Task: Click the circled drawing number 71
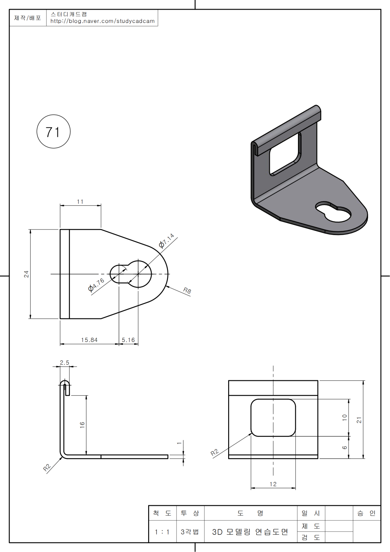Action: tap(53, 132)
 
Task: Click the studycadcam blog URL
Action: tap(102, 21)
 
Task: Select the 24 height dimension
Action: tap(26, 274)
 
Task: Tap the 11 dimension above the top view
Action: tap(80, 202)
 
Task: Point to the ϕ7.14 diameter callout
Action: tap(167, 241)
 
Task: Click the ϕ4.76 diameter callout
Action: tap(96, 285)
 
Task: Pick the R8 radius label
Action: tap(187, 290)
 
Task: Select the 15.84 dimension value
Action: tap(89, 340)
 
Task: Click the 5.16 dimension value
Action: tap(128, 340)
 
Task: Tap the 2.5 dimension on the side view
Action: tap(65, 362)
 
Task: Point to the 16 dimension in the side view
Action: tap(82, 424)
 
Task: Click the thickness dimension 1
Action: tap(179, 443)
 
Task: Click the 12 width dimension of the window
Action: tap(273, 484)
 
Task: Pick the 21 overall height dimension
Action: tap(359, 420)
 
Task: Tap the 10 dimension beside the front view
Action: tap(344, 418)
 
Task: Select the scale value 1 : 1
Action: tap(162, 532)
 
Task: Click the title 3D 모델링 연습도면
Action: tap(250, 532)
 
